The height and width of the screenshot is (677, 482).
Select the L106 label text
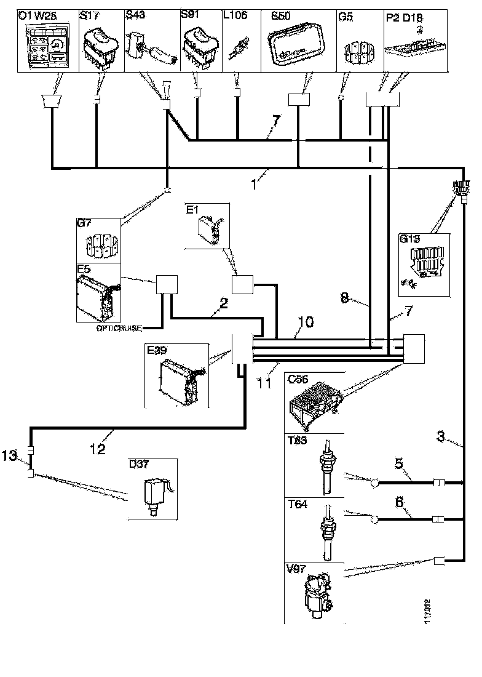click(x=236, y=15)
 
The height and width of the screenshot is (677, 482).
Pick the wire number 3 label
click(x=441, y=438)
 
